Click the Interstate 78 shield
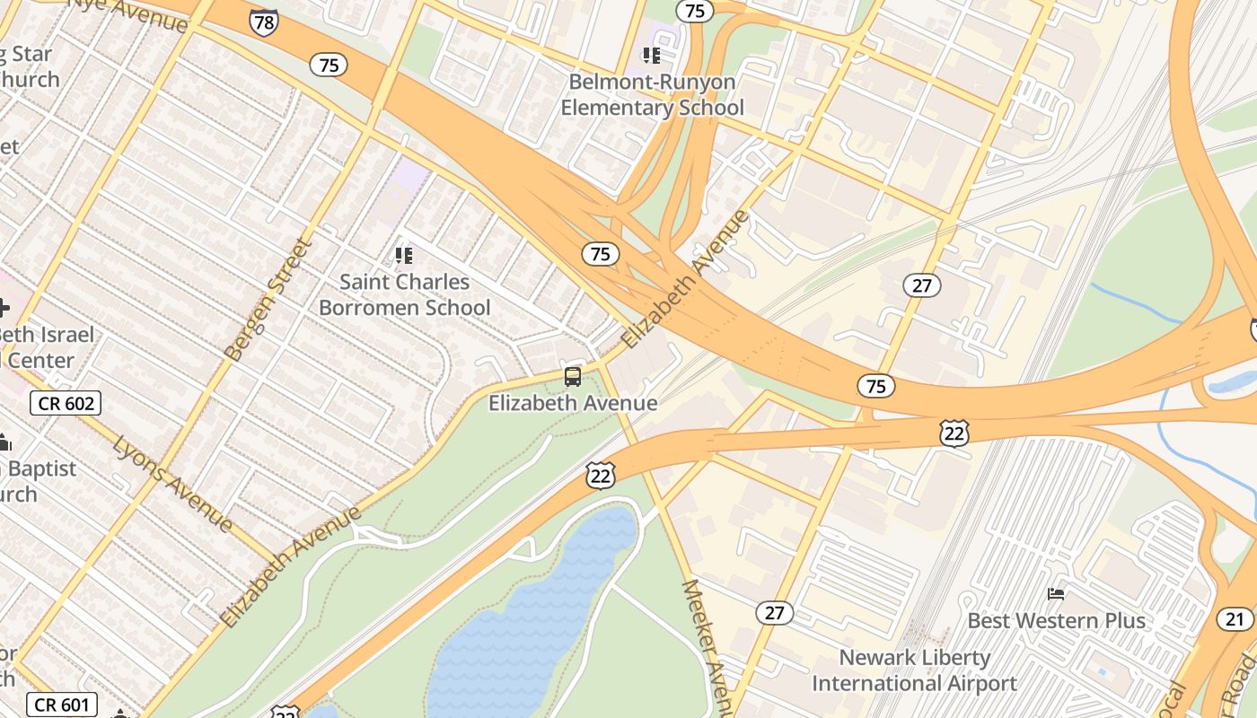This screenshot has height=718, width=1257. tap(264, 22)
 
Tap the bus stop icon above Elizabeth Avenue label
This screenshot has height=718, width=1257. tap(573, 377)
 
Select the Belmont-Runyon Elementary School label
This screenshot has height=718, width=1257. tap(652, 95)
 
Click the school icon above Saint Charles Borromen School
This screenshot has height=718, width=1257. tap(404, 256)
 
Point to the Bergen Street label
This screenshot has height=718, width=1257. tap(268, 299)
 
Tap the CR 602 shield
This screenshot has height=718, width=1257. tap(66, 404)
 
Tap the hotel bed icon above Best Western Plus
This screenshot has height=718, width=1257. tap(1057, 594)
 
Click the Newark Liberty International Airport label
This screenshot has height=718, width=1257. tap(914, 670)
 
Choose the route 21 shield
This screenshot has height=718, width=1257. tap(1236, 618)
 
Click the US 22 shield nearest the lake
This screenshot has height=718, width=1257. tap(601, 476)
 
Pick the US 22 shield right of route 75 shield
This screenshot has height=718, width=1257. tap(954, 433)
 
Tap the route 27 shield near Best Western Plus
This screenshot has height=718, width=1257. tap(774, 613)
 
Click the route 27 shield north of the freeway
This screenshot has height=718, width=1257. tap(922, 285)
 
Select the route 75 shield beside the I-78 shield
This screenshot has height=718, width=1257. tap(330, 65)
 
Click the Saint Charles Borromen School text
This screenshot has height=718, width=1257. tap(405, 294)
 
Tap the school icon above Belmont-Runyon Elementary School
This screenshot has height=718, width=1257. tap(652, 56)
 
